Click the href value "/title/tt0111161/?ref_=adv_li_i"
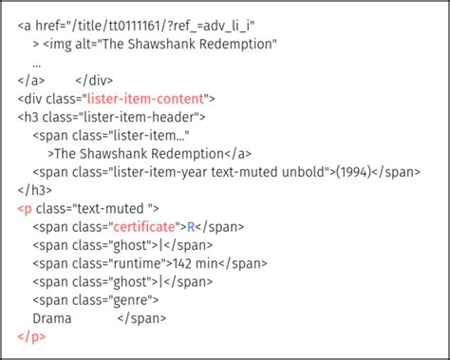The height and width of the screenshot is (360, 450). (x=162, y=26)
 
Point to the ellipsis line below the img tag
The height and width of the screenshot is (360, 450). (x=36, y=62)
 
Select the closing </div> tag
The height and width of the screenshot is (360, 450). (x=94, y=80)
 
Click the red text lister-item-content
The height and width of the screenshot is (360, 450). (x=150, y=98)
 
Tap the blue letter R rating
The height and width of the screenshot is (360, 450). (x=190, y=225)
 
